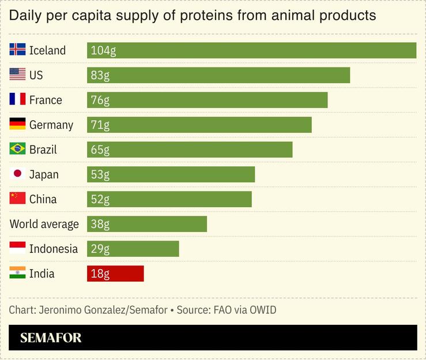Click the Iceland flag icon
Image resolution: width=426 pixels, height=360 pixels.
click(x=17, y=50)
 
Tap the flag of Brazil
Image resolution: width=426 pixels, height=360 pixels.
click(x=17, y=149)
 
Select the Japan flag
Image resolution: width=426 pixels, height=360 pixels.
click(x=17, y=174)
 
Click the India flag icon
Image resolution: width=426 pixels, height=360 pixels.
click(x=17, y=273)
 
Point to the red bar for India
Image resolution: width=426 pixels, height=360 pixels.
click(x=115, y=273)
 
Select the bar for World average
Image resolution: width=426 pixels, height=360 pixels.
click(x=146, y=224)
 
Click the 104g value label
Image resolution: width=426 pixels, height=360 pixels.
click(x=103, y=51)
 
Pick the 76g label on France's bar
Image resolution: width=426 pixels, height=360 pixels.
click(x=100, y=100)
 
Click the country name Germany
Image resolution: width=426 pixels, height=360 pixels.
click(x=51, y=125)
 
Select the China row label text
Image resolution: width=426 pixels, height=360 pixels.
click(x=43, y=200)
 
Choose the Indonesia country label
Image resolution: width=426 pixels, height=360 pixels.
click(x=53, y=249)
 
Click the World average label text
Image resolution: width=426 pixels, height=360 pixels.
click(x=44, y=224)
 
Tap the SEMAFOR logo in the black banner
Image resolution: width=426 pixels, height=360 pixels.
click(x=51, y=338)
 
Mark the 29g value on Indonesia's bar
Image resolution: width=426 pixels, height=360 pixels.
click(x=100, y=249)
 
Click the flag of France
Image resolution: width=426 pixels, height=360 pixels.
click(x=17, y=100)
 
